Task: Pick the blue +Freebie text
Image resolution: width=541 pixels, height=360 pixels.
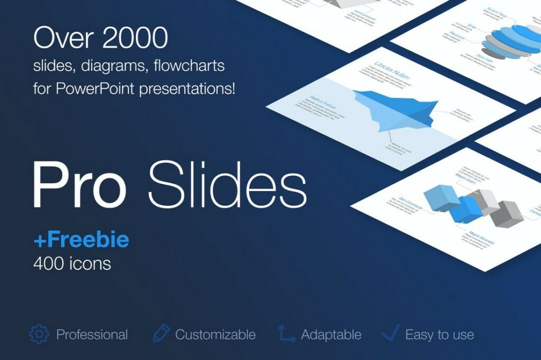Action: [x=81, y=240]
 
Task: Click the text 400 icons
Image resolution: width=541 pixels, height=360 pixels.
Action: [x=72, y=263]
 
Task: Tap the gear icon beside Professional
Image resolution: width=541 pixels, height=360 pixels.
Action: [x=39, y=334]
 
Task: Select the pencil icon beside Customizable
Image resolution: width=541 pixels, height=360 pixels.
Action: [x=161, y=334]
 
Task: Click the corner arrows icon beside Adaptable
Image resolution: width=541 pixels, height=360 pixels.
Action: [x=286, y=334]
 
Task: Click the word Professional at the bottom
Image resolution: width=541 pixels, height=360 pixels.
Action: [x=92, y=335]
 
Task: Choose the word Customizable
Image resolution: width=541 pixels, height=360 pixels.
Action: [x=216, y=335]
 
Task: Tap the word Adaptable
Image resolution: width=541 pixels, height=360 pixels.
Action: [x=331, y=335]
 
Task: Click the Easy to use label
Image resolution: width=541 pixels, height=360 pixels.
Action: [x=440, y=335]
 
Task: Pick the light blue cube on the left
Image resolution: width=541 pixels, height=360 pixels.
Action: [x=441, y=198]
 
